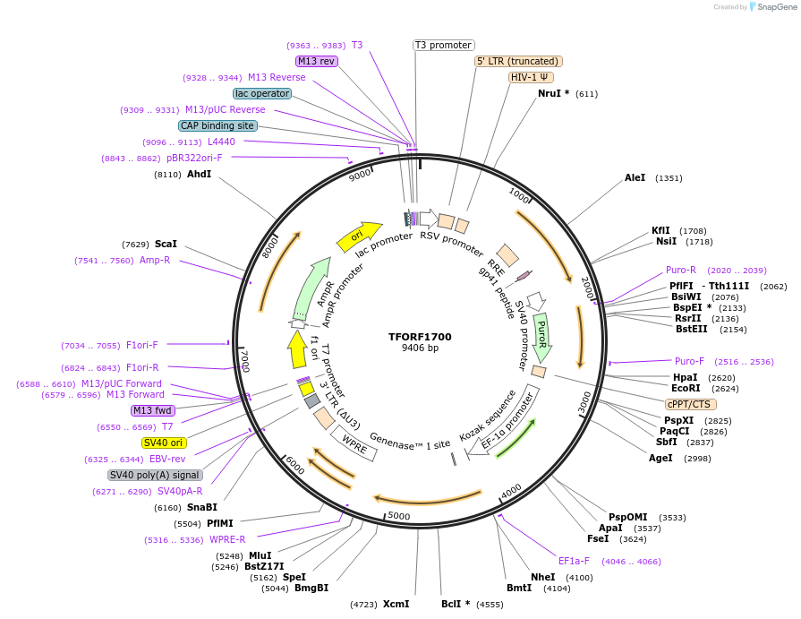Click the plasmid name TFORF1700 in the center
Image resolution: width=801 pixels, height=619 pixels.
420,337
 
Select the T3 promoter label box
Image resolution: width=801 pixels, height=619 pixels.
444,45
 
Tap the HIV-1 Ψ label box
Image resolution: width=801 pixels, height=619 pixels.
531,77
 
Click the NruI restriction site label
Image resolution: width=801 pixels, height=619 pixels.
549,93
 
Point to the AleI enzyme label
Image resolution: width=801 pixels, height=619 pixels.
635,178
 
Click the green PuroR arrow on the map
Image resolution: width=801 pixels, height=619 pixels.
542,336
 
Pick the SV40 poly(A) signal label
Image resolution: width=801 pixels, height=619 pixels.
155,475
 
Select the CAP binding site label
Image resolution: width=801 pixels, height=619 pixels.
217,126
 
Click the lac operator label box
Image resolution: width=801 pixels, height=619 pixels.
261,93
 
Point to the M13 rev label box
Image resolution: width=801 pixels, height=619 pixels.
317,61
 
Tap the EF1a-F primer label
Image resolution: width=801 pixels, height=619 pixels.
574,561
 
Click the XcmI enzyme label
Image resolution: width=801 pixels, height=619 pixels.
396,604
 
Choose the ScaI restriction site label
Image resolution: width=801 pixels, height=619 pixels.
166,244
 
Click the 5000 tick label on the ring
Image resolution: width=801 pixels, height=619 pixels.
398,516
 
